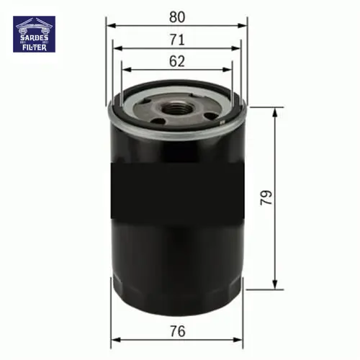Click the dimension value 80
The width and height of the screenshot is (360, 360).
[177, 17]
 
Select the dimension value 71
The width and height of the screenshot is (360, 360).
[177, 40]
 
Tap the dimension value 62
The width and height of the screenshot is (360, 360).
[177, 61]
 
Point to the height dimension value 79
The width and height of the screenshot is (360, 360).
[266, 198]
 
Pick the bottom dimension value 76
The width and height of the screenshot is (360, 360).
[178, 331]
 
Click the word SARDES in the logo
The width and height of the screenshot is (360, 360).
[34, 37]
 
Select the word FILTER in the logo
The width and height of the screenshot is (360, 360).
[35, 48]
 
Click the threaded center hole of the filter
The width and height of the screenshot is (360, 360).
[174, 109]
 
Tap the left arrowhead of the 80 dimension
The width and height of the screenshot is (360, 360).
[111, 25]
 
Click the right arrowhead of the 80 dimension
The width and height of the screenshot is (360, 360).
[242, 25]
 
